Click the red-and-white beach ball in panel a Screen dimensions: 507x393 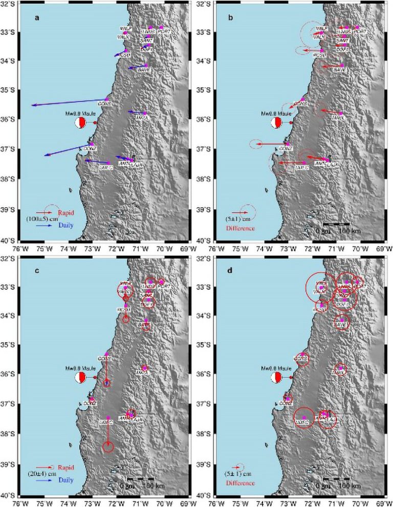tap(80, 123)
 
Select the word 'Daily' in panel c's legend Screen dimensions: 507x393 tap(64, 480)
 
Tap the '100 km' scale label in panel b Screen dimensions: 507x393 tap(350, 231)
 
